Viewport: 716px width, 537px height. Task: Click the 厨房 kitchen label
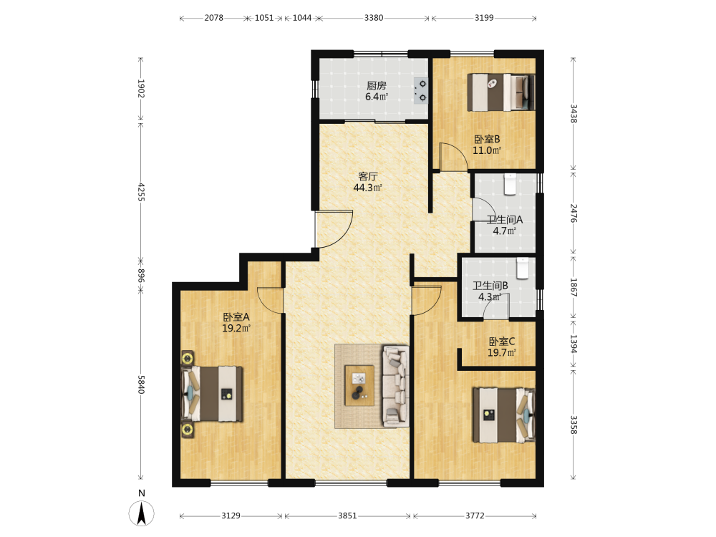pos(377,85)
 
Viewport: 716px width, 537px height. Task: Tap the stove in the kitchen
pos(421,90)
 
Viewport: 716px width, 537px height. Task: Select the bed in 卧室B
pos(501,92)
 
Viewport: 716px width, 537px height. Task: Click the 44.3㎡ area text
pos(367,188)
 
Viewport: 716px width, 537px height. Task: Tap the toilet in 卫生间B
pos(523,268)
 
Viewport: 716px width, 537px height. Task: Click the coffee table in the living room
pos(359,385)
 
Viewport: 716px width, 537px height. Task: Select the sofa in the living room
pos(395,387)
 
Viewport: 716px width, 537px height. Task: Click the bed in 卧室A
pos(212,394)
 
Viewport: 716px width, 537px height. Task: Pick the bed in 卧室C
pos(503,415)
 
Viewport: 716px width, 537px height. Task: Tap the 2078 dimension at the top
pos(213,18)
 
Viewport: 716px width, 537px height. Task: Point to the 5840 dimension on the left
pos(141,385)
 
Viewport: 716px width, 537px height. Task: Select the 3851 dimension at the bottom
pos(347,516)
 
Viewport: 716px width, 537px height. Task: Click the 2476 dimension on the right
pos(574,213)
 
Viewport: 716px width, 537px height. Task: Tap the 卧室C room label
pos(502,341)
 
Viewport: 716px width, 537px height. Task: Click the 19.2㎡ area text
pos(236,328)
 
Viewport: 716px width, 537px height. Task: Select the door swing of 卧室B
pos(453,157)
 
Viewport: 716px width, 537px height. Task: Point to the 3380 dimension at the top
pos(374,18)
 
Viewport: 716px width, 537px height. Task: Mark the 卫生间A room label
pos(505,220)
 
